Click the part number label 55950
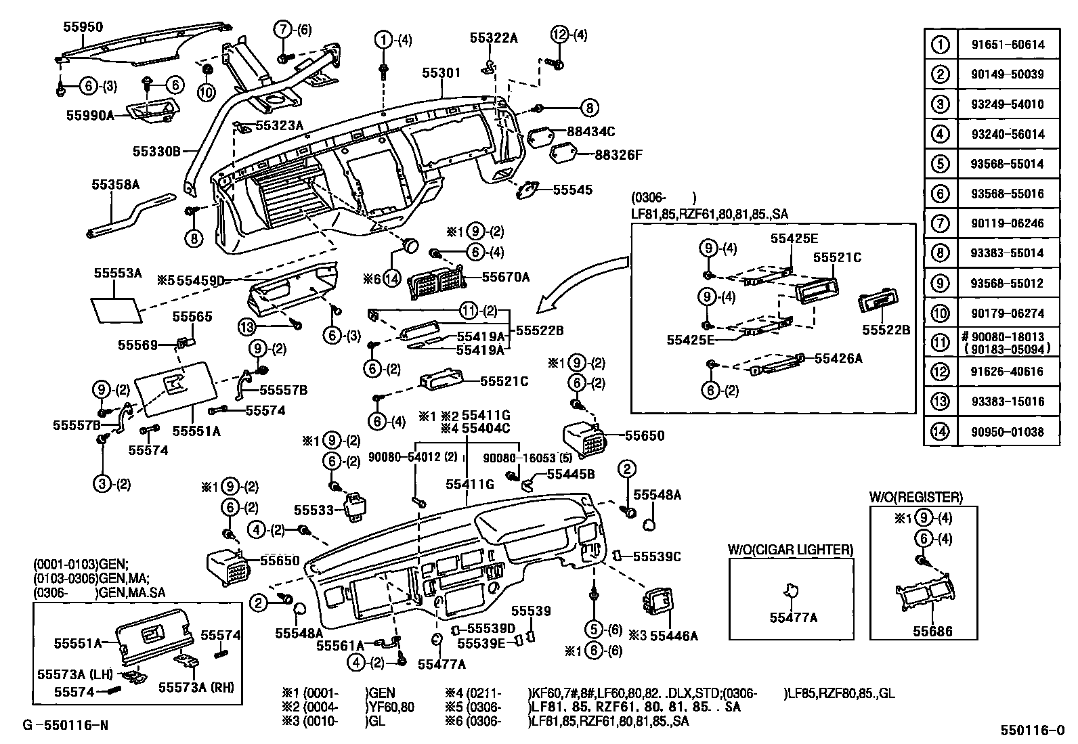83,27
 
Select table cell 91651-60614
1008,45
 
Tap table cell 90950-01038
1008,432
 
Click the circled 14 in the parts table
940,431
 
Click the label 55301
441,72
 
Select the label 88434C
591,131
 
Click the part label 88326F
618,154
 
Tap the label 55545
572,190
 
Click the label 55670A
506,277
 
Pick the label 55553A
118,273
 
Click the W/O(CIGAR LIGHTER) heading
791,550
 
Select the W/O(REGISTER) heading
916,497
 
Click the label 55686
932,631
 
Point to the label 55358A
116,184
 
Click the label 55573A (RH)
196,687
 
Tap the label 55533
314,510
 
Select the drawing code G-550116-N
66,724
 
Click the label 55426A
838,359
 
